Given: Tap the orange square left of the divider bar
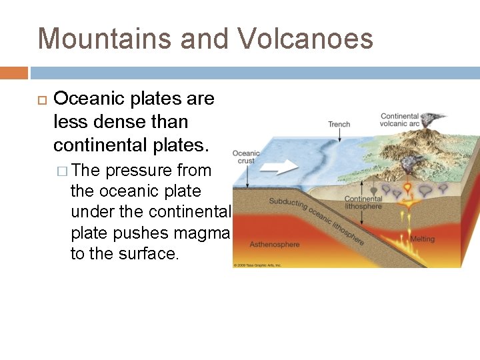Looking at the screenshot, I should tap(13, 73).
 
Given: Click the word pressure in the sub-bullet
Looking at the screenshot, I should tap(139, 170).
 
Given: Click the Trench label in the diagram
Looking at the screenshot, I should tap(339, 124).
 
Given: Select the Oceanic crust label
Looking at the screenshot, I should tap(246, 157).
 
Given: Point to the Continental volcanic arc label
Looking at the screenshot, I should tap(399, 120).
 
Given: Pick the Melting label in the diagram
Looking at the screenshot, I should tap(422, 239).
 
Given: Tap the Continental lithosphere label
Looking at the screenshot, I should tap(363, 203).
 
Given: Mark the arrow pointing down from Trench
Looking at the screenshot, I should tap(339, 135).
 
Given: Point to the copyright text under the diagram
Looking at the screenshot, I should tap(257, 265).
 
